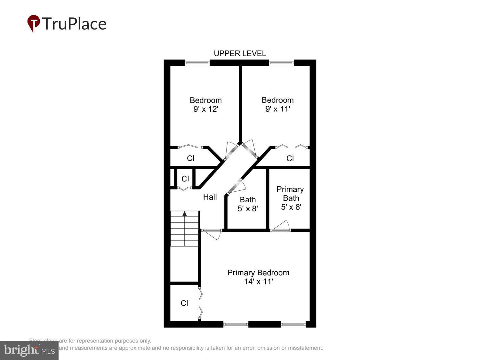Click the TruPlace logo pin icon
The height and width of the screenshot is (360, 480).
pyautogui.click(x=33, y=23)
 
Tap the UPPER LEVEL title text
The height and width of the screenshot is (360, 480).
pyautogui.click(x=240, y=53)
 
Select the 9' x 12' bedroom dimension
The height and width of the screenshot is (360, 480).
pyautogui.click(x=205, y=109)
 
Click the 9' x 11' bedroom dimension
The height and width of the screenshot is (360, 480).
pyautogui.click(x=277, y=109)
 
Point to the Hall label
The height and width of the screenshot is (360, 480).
pyautogui.click(x=210, y=197)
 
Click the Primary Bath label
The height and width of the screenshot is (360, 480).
pyautogui.click(x=290, y=194)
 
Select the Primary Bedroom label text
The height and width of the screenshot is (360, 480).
pyautogui.click(x=258, y=273)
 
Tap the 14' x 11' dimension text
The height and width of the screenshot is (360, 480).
pyautogui.click(x=258, y=282)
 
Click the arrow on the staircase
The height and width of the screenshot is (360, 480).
pyautogui.click(x=185, y=214)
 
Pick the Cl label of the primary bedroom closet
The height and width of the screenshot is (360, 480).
pyautogui.click(x=184, y=303)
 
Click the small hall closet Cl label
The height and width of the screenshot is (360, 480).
pyautogui.click(x=185, y=179)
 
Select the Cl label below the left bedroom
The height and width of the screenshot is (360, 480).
pyautogui.click(x=190, y=158)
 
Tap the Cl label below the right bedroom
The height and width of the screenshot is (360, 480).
pyautogui.click(x=290, y=158)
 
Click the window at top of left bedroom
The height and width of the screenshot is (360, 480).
pyautogui.click(x=197, y=63)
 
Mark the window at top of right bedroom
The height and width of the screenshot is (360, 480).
pyautogui.click(x=281, y=63)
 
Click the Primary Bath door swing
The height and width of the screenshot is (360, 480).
pyautogui.click(x=282, y=226)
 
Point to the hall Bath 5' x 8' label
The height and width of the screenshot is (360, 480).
pyautogui.click(x=248, y=204)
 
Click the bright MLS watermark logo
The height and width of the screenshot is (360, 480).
pyautogui.click(x=29, y=350)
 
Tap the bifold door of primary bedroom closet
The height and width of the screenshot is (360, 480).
pyautogui.click(x=200, y=303)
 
